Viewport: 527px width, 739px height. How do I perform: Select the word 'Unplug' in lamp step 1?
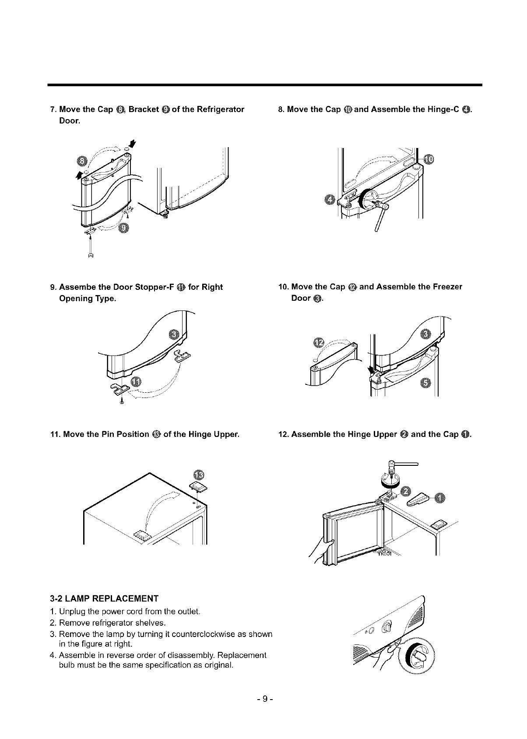click(x=70, y=611)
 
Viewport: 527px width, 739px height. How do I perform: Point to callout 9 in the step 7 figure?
click(x=124, y=228)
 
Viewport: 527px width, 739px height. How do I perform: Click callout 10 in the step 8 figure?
click(x=429, y=159)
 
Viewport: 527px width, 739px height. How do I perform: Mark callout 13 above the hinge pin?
click(x=198, y=475)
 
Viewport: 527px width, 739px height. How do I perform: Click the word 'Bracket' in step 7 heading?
click(x=144, y=109)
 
